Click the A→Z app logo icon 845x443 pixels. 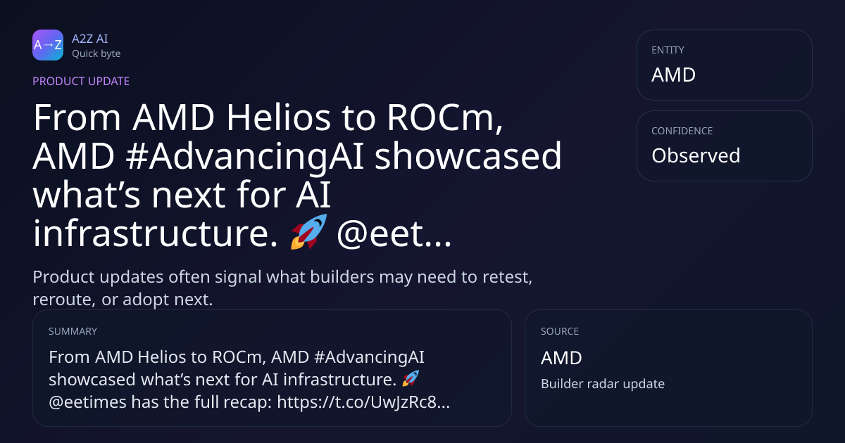(48, 45)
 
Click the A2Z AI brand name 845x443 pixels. (90, 39)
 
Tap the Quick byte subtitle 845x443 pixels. (96, 53)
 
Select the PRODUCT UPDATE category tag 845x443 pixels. (81, 81)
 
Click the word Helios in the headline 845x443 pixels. (278, 117)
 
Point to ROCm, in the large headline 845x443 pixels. (445, 118)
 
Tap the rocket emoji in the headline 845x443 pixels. (308, 231)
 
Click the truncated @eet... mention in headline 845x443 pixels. (394, 233)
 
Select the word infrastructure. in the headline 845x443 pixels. (156, 233)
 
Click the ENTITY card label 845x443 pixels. (668, 50)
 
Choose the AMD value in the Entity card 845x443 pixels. (673, 75)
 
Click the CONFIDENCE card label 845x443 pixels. (682, 131)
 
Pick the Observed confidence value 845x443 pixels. (696, 155)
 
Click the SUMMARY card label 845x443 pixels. (73, 331)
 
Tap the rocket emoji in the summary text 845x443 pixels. (411, 378)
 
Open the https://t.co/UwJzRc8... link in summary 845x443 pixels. (363, 402)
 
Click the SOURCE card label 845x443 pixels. (559, 331)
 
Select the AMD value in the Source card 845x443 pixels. (561, 358)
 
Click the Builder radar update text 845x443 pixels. (603, 383)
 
